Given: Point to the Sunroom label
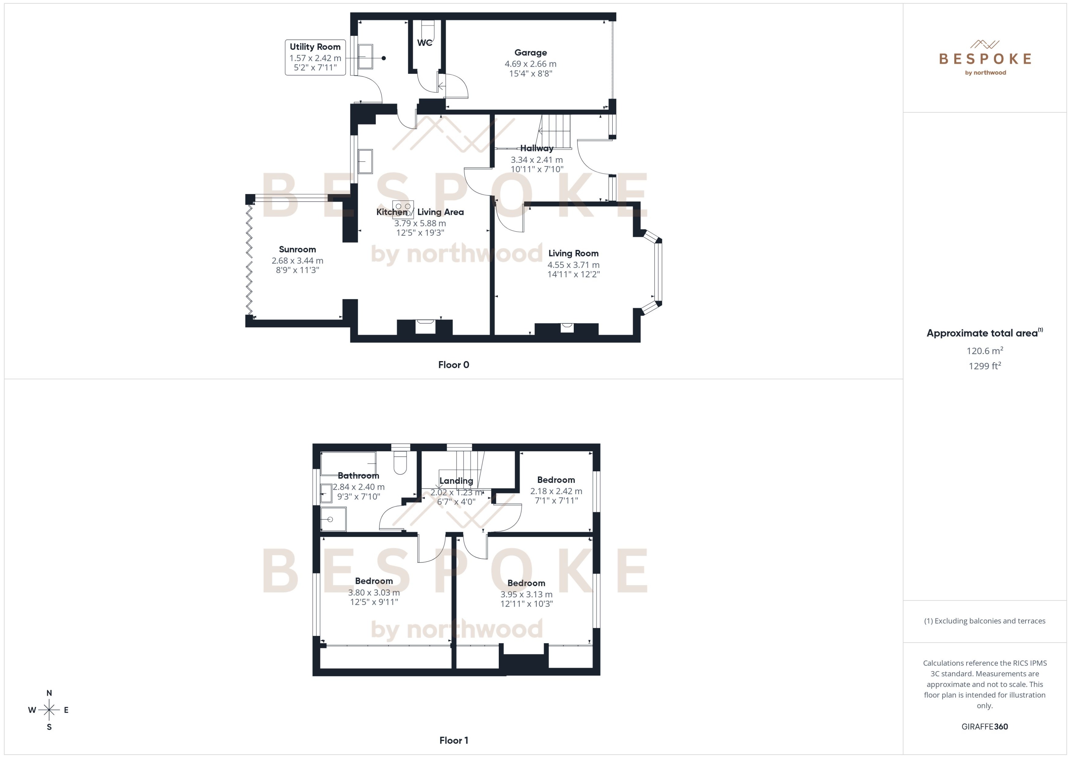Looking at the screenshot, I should (297, 249).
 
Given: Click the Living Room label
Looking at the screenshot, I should (573, 253).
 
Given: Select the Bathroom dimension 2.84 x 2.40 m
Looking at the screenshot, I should (358, 487).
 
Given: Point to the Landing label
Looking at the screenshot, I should (456, 481).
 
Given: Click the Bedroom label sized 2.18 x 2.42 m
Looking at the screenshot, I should (556, 480).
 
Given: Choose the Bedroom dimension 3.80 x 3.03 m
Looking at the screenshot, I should (374, 592).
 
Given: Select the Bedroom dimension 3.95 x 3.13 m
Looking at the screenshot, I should (526, 594).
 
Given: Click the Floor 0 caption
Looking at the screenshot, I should (453, 365).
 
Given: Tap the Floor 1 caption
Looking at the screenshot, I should (453, 740).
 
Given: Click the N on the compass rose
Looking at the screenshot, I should (49, 693).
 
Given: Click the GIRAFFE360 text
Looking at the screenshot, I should (984, 727).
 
